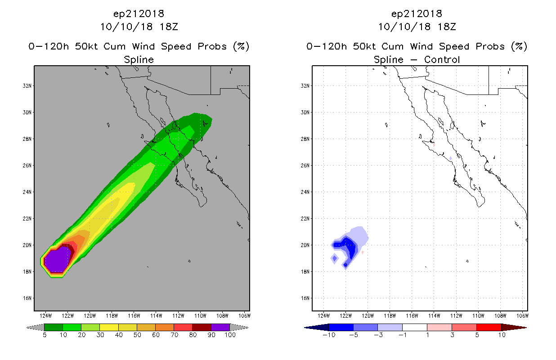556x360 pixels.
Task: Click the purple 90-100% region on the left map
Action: [57, 260]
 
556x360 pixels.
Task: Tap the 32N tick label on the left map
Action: [27, 86]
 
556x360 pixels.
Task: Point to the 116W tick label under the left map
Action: [134, 316]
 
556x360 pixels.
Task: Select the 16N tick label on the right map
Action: [305, 298]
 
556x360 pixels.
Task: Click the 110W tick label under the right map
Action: [478, 316]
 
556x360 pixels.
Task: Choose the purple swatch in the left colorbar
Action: [220, 327]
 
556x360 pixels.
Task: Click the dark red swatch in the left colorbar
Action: [202, 327]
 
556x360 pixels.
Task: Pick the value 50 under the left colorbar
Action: [137, 335]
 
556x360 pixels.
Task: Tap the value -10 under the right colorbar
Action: [329, 335]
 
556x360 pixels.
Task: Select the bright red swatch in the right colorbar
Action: [489, 327]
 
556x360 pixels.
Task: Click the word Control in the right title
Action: [442, 60]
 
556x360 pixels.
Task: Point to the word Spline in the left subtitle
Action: [139, 60]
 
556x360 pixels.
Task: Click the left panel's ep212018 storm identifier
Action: [139, 14]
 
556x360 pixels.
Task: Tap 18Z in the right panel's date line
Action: [447, 27]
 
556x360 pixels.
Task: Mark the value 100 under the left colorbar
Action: [230, 335]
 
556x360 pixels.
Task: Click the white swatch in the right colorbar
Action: [415, 327]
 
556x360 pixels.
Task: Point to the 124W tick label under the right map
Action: [324, 316]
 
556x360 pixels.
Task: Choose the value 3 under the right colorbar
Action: [452, 335]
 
